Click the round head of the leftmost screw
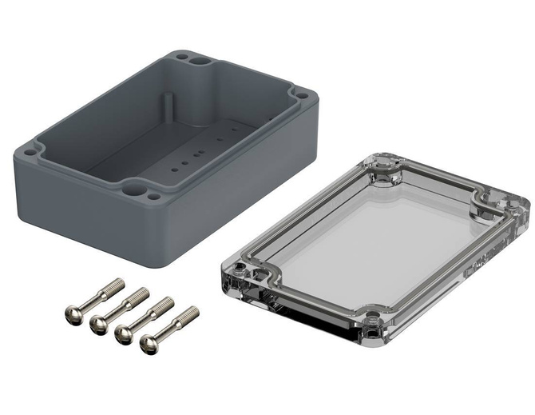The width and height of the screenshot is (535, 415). pos(73,315)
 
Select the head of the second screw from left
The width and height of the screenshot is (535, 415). pos(99,324)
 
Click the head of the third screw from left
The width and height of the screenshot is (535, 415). pos(124,334)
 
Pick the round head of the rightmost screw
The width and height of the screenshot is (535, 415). pos(149,344)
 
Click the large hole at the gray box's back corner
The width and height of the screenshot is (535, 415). pos(200,59)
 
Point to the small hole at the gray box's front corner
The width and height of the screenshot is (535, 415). pos(152,194)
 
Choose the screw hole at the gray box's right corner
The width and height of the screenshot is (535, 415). pos(301,95)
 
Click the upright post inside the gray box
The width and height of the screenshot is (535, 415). pos(168,108)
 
